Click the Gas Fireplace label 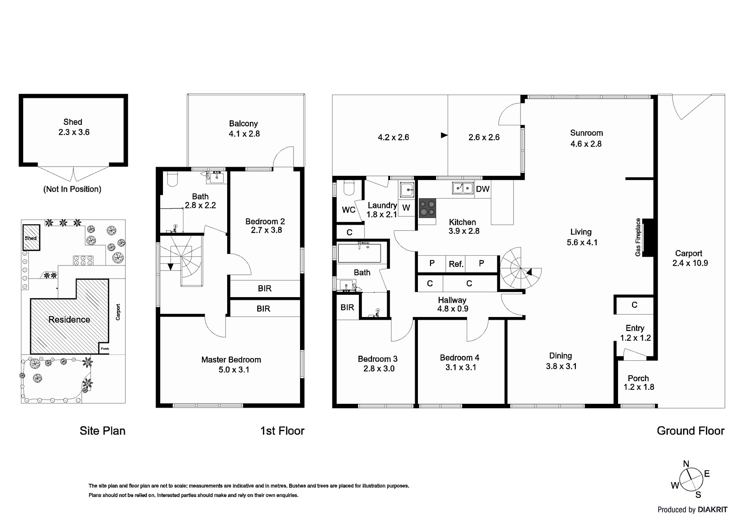pyautogui.click(x=638, y=237)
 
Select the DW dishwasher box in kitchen pyautogui.click(x=482, y=189)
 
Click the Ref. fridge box pyautogui.click(x=456, y=264)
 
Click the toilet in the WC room pyautogui.click(x=349, y=188)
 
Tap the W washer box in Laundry pyautogui.click(x=406, y=207)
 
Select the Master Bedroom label pyautogui.click(x=231, y=364)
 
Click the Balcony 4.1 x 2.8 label pyautogui.click(x=244, y=129)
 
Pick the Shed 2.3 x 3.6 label pyautogui.click(x=73, y=127)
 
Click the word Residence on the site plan pyautogui.click(x=69, y=319)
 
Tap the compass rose pyautogui.click(x=691, y=479)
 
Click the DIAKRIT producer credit pyautogui.click(x=692, y=510)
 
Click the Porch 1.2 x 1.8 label pyautogui.click(x=639, y=382)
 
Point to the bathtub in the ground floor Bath pyautogui.click(x=359, y=253)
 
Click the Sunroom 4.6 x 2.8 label pyautogui.click(x=586, y=138)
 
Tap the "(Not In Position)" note pyautogui.click(x=72, y=189)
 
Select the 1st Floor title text pyautogui.click(x=282, y=431)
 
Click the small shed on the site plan pyautogui.click(x=31, y=238)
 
